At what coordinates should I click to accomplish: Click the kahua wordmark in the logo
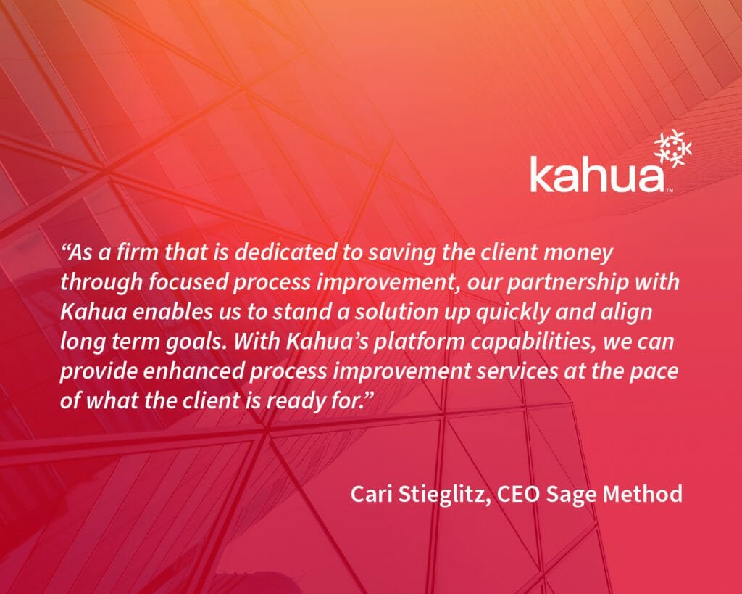click(597, 175)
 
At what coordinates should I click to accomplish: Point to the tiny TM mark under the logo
click(670, 191)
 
